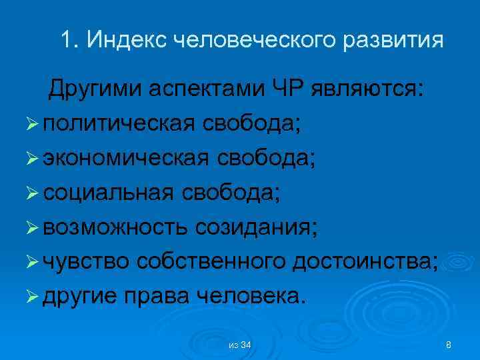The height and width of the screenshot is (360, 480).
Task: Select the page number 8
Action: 448,345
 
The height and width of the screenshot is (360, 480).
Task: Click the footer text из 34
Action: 239,345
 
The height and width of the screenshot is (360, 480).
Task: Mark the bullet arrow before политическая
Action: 33,123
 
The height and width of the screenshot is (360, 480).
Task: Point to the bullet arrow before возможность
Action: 33,227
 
